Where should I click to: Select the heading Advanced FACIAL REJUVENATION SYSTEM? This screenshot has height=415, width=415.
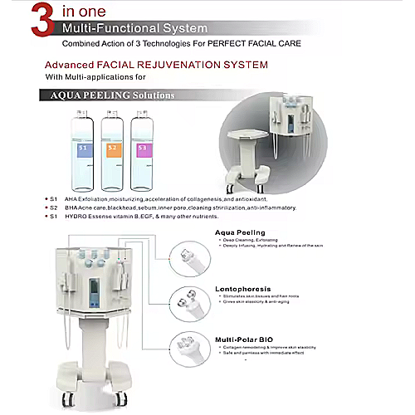click(156, 64)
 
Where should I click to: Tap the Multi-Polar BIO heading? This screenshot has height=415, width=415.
click(244, 340)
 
